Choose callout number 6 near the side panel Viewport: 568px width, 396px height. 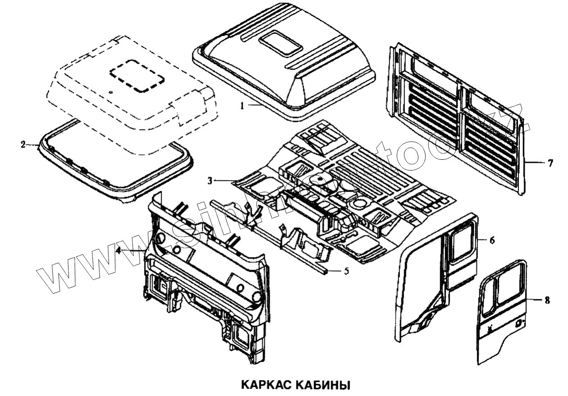492,241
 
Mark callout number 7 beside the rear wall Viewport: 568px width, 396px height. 550,163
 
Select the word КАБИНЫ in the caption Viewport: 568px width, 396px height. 325,385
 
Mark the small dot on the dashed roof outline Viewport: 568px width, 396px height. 111,92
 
